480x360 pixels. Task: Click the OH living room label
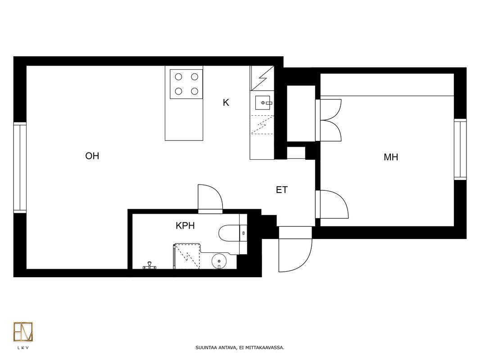point(92,156)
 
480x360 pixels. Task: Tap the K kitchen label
point(226,103)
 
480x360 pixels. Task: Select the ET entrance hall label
point(281,190)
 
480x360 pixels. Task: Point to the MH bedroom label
point(391,157)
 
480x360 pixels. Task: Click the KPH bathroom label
point(185,226)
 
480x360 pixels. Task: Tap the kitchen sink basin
point(263,103)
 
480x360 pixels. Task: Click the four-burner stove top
point(186,84)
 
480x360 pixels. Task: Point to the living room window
point(20,167)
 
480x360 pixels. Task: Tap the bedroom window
point(460,149)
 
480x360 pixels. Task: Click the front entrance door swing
point(295,249)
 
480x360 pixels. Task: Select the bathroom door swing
point(210,199)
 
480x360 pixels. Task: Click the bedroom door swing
point(332,204)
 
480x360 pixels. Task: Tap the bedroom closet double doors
point(328,120)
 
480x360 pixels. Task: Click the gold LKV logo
point(23,332)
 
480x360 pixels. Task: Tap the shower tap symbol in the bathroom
point(149,265)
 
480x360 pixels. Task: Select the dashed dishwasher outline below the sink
point(262,125)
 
